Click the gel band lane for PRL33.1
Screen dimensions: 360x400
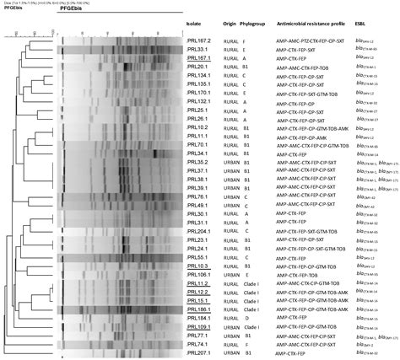point(118,49)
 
